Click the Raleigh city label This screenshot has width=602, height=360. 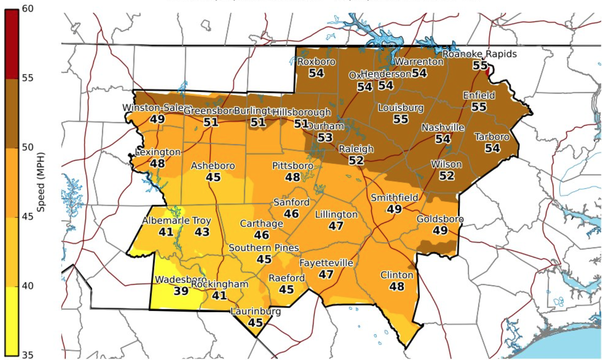click(x=356, y=149)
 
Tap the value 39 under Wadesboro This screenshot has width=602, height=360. click(x=181, y=291)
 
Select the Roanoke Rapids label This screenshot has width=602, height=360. click(x=480, y=54)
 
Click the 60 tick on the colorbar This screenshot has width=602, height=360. click(x=27, y=8)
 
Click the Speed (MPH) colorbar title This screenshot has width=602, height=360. click(x=41, y=182)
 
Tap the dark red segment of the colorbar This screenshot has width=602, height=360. click(x=12, y=44)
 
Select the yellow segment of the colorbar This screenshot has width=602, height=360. click(x=12, y=321)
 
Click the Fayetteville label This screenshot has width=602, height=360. click(x=326, y=263)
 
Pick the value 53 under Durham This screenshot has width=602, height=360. click(x=325, y=137)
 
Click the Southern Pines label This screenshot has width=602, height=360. click(x=264, y=248)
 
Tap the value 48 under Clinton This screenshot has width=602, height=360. click(x=396, y=286)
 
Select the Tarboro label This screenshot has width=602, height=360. click(x=492, y=137)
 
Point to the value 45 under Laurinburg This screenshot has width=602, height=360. click(x=255, y=323)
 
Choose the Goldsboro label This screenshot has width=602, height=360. click(x=440, y=219)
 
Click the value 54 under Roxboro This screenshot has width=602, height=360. click(x=316, y=73)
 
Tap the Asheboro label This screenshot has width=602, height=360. click(x=213, y=166)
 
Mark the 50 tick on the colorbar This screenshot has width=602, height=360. click(x=27, y=147)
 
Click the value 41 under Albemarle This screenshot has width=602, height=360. click(x=166, y=232)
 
